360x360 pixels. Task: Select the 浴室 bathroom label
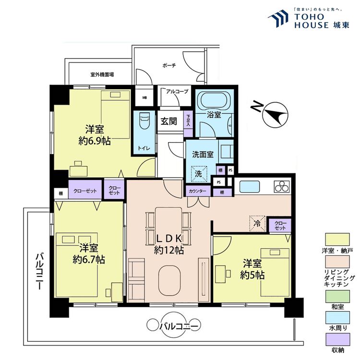pyautogui.click(x=214, y=115)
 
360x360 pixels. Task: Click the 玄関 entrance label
pyautogui.click(x=168, y=121)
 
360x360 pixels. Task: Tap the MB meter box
pyautogui.click(x=144, y=97)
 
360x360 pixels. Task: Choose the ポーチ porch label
pyautogui.click(x=169, y=65)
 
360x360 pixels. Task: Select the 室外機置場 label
pyautogui.click(x=102, y=75)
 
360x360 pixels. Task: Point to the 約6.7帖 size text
pyautogui.click(x=89, y=259)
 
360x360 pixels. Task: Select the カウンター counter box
pyautogui.click(x=197, y=192)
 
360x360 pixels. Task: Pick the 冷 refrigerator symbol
pyautogui.click(x=258, y=223)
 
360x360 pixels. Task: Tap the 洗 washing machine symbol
pyautogui.click(x=198, y=174)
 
